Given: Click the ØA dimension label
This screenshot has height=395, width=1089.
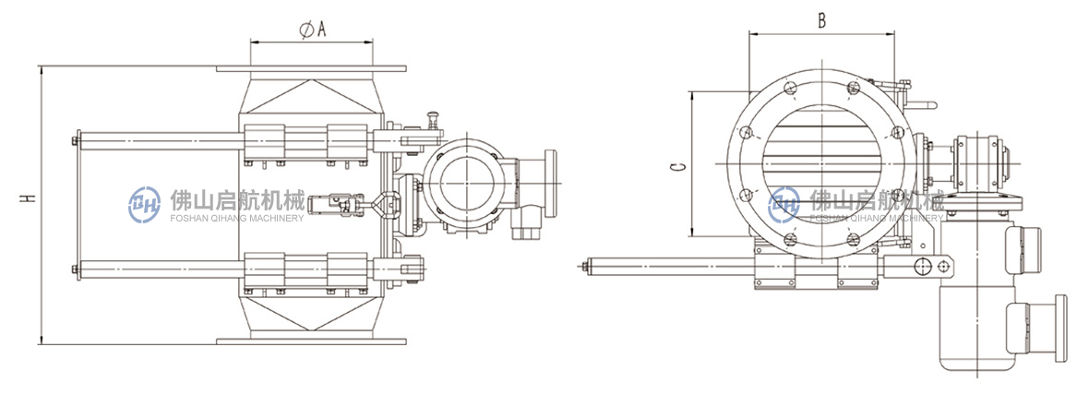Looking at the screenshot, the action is [313, 30].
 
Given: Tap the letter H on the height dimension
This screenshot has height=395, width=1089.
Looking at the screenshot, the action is [27, 198].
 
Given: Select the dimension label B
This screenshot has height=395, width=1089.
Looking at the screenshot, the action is [821, 21].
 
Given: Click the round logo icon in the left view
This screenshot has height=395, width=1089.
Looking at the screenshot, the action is [145, 204].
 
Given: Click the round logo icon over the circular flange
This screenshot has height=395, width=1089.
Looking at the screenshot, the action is [784, 204].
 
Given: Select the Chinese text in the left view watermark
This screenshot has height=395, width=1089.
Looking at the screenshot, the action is [237, 201].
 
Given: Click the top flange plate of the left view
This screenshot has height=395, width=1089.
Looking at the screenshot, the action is [310, 68].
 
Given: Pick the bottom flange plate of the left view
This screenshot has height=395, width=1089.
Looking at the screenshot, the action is [310, 341].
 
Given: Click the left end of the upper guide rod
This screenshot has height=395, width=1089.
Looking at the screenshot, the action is [75, 142].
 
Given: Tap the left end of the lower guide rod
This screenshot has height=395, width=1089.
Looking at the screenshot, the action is [75, 269].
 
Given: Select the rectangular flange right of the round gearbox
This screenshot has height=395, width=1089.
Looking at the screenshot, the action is [550, 182].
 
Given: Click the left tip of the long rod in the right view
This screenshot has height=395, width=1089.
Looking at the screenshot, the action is [583, 265].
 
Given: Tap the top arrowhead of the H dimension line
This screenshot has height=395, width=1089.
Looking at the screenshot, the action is [41, 68].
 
